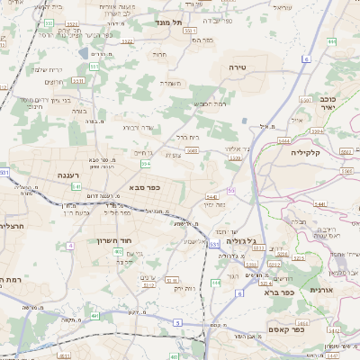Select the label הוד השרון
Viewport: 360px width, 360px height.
pos(115,240)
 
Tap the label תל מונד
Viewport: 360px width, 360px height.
pos(168,22)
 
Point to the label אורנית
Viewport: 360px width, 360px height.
pos(321,290)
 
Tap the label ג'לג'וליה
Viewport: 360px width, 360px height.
pos(239,240)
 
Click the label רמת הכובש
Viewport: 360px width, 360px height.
pos(208,103)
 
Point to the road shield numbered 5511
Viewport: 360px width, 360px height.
pos(78,80)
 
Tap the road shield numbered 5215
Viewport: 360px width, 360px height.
pos(298,257)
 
